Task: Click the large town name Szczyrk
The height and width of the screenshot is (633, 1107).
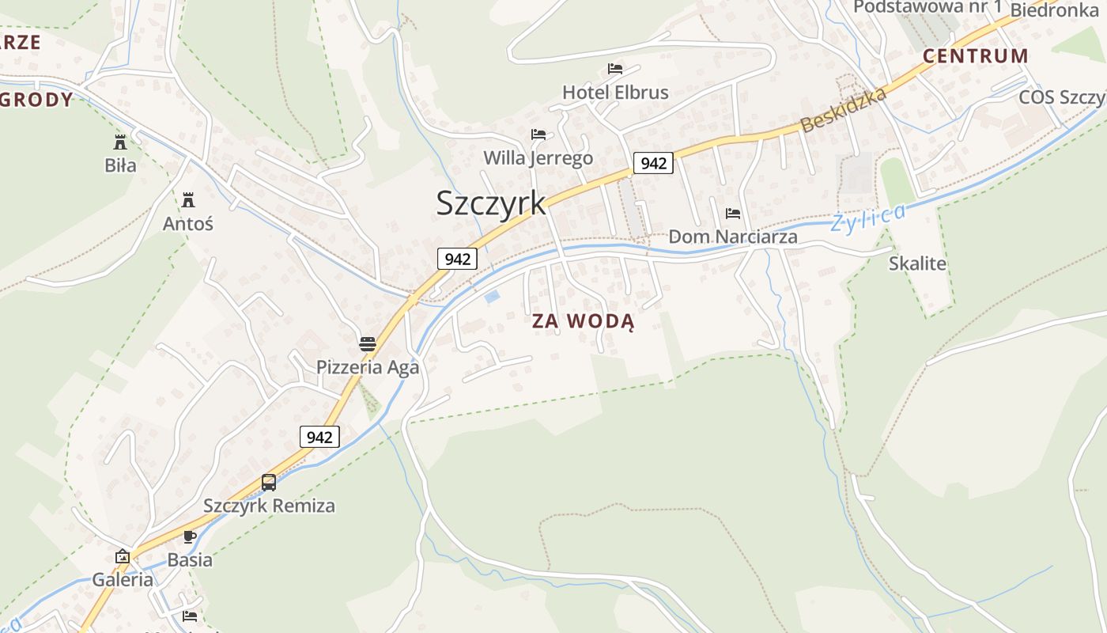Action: (490, 203)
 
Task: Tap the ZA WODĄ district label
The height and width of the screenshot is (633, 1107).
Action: (583, 321)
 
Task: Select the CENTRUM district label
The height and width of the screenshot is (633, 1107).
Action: (975, 56)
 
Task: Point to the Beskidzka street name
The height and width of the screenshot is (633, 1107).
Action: (843, 110)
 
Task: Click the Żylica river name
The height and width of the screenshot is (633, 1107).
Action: (867, 217)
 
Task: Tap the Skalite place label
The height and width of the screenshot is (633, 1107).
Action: (917, 263)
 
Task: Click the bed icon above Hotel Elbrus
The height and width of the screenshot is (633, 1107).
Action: (615, 69)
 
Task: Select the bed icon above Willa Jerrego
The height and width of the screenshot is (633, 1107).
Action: (538, 135)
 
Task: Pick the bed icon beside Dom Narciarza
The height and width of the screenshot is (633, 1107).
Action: (733, 214)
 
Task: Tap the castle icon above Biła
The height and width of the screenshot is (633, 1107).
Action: (120, 142)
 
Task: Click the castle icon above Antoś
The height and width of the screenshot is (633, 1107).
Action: (188, 200)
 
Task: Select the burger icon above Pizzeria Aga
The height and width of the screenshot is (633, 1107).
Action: (368, 343)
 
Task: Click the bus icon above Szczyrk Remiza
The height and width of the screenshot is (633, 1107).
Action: (269, 482)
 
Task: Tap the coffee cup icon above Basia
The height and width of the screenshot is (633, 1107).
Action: (190, 536)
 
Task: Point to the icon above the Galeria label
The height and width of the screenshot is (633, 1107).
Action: (123, 556)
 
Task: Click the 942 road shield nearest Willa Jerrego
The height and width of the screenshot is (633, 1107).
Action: (653, 164)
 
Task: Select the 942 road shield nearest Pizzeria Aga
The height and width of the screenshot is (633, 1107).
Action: (319, 437)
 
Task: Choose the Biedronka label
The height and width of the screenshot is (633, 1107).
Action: (1054, 10)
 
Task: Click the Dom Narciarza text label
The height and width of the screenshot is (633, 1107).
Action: (733, 237)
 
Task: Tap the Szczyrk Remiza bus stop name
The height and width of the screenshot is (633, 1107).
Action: (269, 506)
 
